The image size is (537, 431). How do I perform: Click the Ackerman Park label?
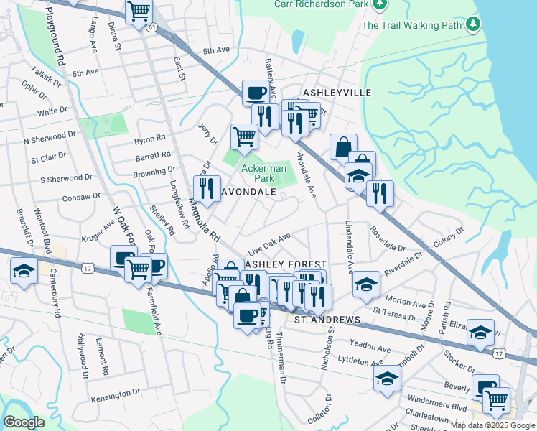263,173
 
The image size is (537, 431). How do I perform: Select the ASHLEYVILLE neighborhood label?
337,93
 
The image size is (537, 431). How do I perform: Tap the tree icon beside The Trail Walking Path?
472,25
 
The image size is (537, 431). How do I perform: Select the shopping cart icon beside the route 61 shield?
139,11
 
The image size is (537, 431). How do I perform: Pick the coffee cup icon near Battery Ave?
256,92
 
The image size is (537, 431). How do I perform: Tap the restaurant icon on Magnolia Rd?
207,188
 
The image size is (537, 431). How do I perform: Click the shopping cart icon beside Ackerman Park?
244,135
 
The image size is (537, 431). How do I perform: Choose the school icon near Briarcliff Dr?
24,271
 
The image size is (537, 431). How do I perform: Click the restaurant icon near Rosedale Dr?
380,193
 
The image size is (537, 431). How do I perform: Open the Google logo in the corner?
24,422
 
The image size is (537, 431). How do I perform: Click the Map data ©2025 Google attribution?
492,425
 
